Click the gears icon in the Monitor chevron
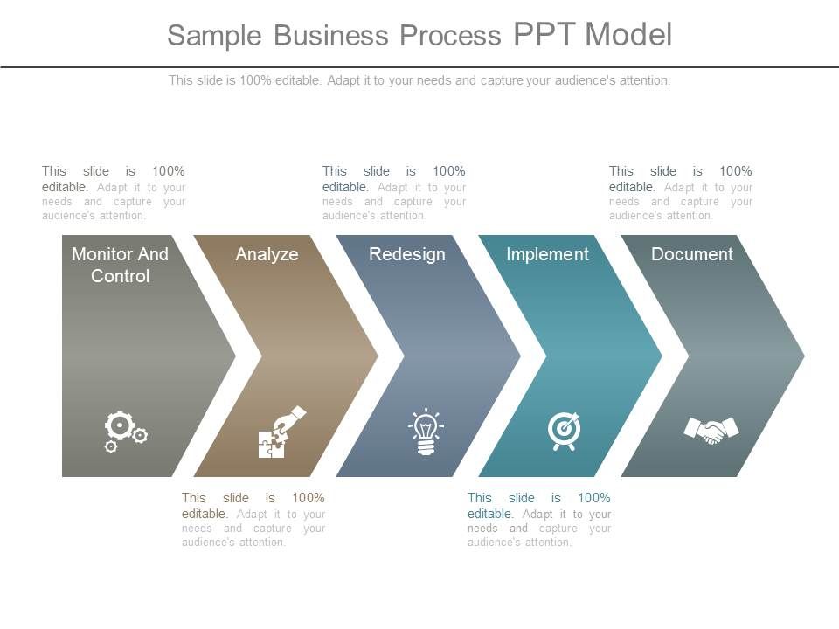(x=126, y=432)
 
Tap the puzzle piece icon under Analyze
(x=282, y=432)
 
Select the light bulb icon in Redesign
(x=426, y=432)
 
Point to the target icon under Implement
(x=564, y=431)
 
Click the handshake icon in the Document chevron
(x=711, y=431)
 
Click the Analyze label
(x=267, y=254)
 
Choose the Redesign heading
(x=407, y=254)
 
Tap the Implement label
(x=547, y=254)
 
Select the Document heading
(x=692, y=254)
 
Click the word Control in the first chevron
(x=120, y=276)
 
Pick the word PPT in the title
(x=545, y=34)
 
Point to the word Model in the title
(x=628, y=34)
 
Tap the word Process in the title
(x=451, y=35)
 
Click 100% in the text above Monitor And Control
(x=169, y=171)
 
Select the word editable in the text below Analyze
(x=205, y=514)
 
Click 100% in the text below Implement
(x=594, y=498)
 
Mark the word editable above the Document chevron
(x=632, y=187)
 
